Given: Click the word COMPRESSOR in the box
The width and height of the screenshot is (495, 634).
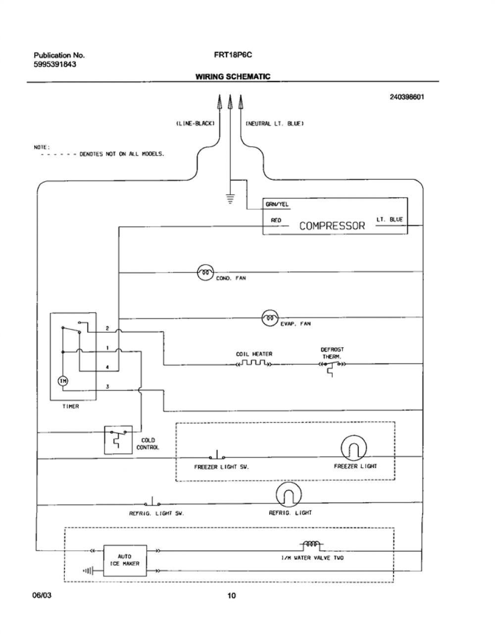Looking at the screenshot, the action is point(332,226).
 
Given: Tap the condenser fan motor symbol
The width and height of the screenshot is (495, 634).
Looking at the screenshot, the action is point(205,272).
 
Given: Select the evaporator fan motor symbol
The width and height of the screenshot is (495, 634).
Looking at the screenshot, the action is point(270,318).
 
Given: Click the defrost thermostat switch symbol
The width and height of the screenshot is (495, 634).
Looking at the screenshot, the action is point(332,367).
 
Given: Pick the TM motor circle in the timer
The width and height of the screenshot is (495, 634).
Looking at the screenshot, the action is point(63,381).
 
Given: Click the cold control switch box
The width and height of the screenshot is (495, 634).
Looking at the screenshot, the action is point(118,440).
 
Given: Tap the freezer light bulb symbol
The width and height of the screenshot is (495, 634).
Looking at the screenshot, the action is point(353,448).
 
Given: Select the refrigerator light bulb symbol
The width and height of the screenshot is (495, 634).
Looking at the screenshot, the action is point(289,494).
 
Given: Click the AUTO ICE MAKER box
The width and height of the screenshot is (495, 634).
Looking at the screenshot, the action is point(125,560).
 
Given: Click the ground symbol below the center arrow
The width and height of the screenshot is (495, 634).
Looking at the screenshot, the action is point(230,199).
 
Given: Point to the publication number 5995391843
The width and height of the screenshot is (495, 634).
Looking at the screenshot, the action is point(55,64).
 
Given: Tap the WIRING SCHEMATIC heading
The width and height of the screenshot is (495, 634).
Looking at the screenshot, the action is point(233,77).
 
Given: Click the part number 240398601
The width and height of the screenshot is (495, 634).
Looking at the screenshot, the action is point(407,97).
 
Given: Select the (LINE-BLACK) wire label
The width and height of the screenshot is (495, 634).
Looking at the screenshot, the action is point(196,123).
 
